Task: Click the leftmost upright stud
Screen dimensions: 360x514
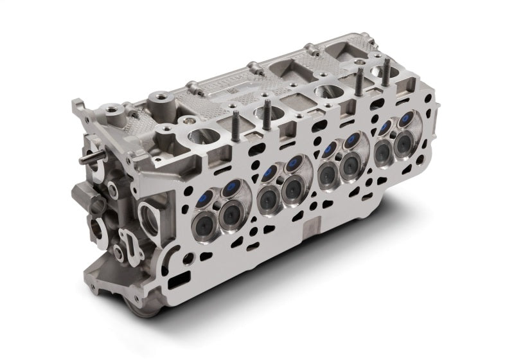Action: (x=236, y=122)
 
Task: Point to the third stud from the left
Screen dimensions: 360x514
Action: (x=359, y=82)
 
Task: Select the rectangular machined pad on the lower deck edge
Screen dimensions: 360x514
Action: (x=311, y=230)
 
